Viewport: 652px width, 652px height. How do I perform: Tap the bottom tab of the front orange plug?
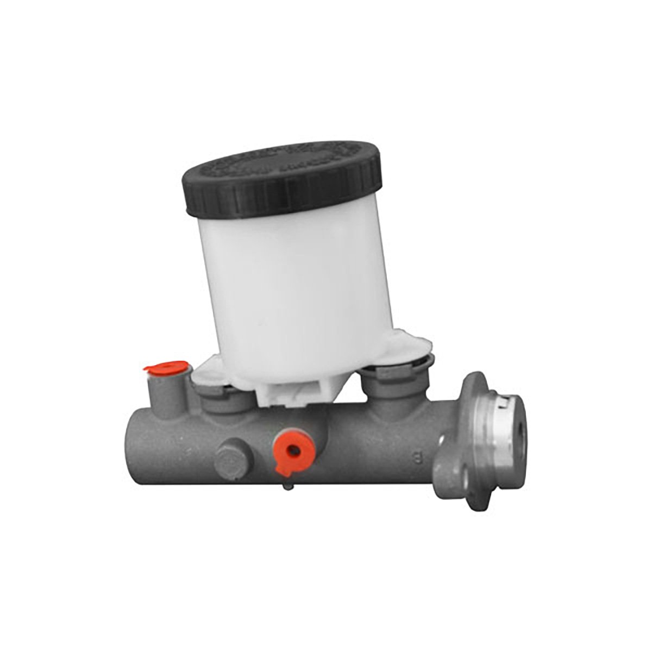click(284, 466)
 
